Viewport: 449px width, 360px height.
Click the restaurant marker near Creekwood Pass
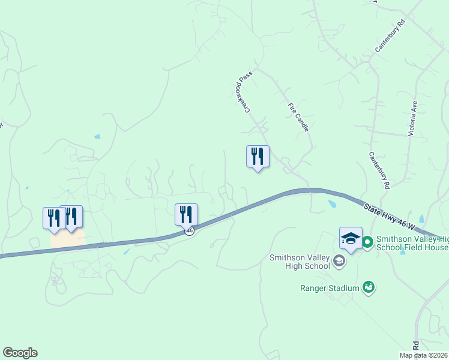click(x=258, y=157)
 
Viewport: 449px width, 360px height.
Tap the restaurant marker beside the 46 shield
click(x=186, y=214)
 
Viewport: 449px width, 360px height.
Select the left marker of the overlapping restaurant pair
click(x=54, y=218)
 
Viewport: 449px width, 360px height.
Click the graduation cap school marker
click(x=351, y=238)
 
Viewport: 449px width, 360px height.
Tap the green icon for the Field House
click(x=367, y=242)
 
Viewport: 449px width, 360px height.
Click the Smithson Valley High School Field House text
click(x=412, y=242)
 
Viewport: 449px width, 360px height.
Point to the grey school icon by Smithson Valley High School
click(x=340, y=260)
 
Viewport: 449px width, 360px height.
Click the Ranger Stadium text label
click(x=330, y=288)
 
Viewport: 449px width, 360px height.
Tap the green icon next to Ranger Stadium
click(x=369, y=288)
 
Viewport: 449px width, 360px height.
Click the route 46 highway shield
click(x=190, y=231)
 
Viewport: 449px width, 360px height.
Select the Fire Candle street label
click(x=298, y=117)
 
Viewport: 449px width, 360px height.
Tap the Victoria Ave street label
click(x=412, y=118)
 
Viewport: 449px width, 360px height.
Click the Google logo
click(x=20, y=353)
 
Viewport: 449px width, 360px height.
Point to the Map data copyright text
click(x=424, y=355)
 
